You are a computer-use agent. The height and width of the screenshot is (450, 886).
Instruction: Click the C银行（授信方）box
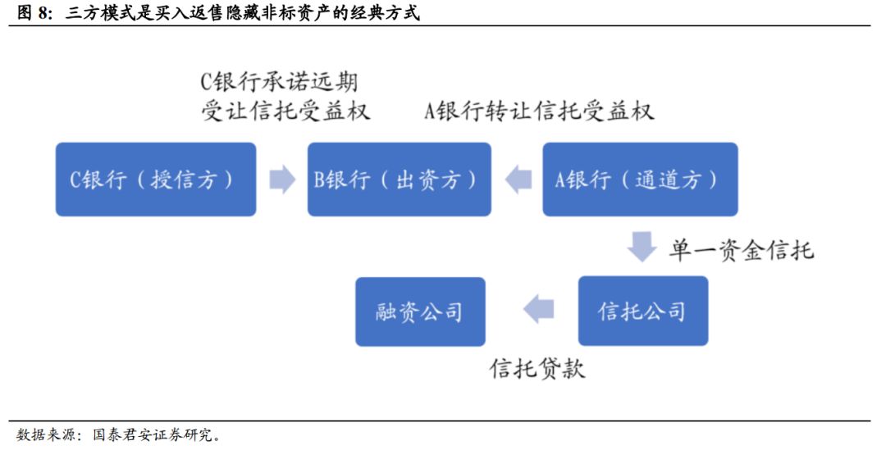[x=155, y=179]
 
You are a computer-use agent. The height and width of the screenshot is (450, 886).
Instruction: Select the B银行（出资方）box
[x=399, y=179]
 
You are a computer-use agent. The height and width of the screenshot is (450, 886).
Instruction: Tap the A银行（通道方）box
[x=640, y=179]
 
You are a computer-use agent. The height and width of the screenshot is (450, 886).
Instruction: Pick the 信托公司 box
[x=643, y=311]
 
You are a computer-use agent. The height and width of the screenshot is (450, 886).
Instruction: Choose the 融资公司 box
[x=420, y=311]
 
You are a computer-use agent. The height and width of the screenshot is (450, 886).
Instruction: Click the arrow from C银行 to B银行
[x=282, y=179]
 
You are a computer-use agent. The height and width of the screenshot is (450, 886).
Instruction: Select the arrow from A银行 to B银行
[x=518, y=179]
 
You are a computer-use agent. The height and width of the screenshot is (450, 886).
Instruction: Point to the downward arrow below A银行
[x=642, y=246]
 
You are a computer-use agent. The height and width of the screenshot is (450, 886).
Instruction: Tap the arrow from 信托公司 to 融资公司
[x=538, y=309]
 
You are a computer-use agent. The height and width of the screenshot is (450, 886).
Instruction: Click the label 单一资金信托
[x=742, y=249]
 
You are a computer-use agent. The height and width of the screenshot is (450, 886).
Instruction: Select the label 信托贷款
[x=537, y=368]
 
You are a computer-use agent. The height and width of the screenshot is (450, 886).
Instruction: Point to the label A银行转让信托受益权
[x=539, y=111]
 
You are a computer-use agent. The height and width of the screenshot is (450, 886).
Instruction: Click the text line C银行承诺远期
[x=279, y=82]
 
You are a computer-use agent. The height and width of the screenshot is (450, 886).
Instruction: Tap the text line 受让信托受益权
[x=286, y=111]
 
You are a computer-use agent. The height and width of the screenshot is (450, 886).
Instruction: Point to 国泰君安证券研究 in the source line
[x=152, y=434]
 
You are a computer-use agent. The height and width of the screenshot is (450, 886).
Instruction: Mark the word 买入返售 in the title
[x=190, y=12]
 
